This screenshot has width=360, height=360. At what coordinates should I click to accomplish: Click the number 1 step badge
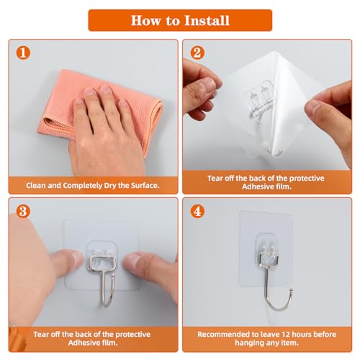click(23, 53)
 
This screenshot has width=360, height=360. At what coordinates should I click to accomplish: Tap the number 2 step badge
click(197, 53)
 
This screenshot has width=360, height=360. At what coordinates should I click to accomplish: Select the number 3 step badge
click(23, 212)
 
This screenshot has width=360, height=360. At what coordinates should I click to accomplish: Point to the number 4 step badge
click(197, 212)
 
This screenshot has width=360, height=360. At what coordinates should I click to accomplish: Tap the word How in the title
click(145, 20)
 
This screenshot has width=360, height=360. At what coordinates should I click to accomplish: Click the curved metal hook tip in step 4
click(292, 291)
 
